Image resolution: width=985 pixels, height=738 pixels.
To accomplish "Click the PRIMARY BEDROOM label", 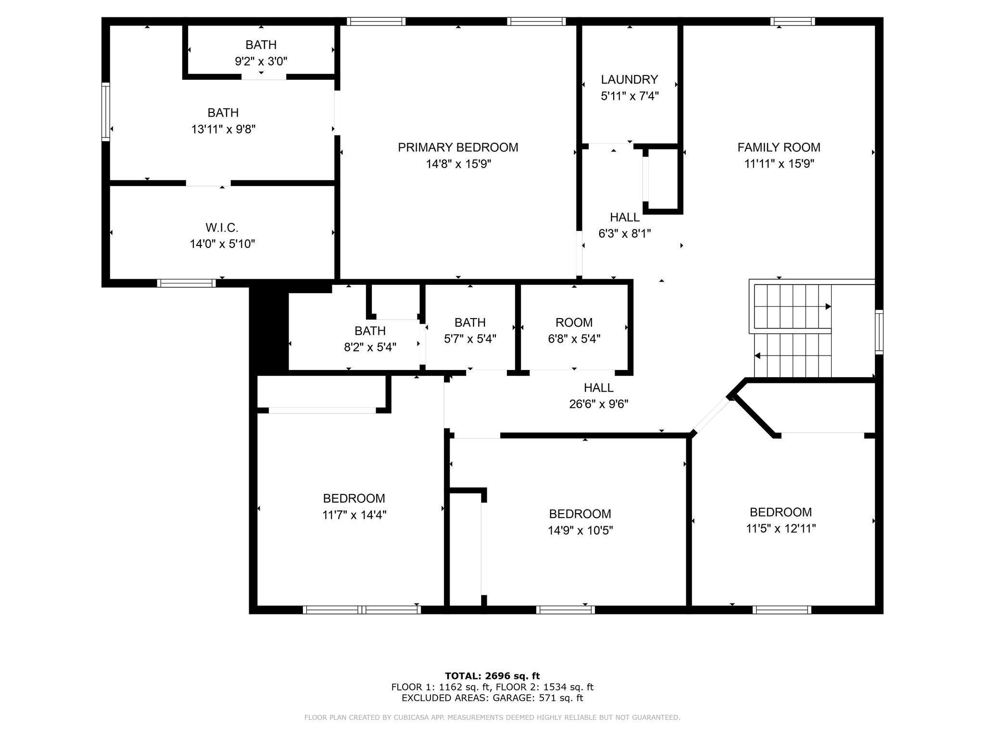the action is [x=458, y=148].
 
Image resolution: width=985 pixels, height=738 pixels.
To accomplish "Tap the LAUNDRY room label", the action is [x=629, y=79].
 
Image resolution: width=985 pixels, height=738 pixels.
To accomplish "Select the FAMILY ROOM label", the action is [x=779, y=148].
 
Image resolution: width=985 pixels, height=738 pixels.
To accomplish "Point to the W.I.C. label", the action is [x=222, y=228].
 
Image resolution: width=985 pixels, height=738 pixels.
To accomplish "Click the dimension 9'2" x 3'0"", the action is [x=261, y=61].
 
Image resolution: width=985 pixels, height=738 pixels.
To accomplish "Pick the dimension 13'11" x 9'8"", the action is [x=223, y=129].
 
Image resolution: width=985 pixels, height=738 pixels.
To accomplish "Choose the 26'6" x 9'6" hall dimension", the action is [x=599, y=404].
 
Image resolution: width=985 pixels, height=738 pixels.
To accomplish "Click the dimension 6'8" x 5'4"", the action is [x=574, y=339].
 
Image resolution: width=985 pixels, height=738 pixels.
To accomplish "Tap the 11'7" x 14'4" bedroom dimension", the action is [x=354, y=515].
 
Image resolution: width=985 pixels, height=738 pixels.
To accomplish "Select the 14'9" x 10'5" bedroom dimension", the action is [x=580, y=530].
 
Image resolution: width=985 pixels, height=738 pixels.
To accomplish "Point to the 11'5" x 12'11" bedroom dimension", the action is [x=781, y=529].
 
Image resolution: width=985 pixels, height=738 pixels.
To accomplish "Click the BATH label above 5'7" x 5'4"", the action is [x=470, y=322].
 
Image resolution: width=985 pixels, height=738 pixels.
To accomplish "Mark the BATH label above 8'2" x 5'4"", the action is [x=370, y=331].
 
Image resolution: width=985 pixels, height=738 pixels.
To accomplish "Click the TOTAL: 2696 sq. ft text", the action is [x=492, y=676].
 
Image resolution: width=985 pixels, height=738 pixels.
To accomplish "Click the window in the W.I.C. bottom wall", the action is [x=187, y=283].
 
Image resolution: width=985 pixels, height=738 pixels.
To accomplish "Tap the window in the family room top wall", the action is [x=793, y=21].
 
